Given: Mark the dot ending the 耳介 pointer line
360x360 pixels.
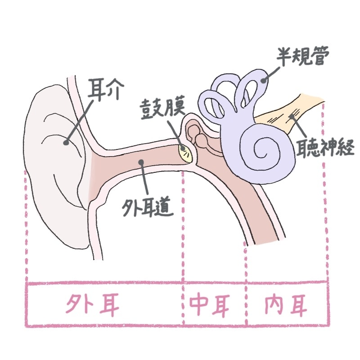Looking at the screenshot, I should pos(66,143).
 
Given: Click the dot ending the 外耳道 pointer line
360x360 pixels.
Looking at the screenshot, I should pos(141,162).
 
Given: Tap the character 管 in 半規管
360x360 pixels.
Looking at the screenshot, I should pos(321,57).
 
